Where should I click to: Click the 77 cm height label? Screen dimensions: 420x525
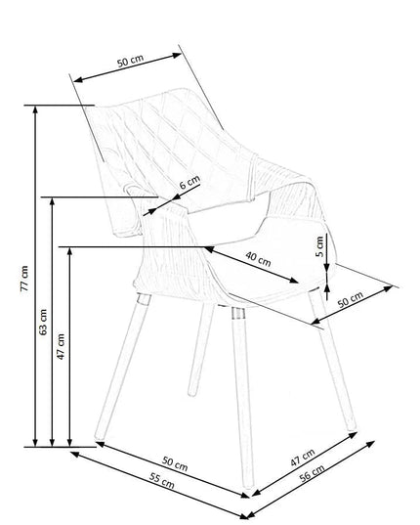[x=24, y=279]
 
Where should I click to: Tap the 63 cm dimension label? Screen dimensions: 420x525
[x=43, y=322]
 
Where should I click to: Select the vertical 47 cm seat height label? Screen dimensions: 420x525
[x=61, y=346]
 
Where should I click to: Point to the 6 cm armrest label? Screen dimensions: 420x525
[x=189, y=183]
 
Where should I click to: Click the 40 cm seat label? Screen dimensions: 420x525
[x=258, y=259]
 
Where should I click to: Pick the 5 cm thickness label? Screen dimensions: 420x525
[x=319, y=246]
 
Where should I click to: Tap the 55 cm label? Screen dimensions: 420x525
[x=162, y=480]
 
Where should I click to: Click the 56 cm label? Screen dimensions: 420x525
[x=312, y=473]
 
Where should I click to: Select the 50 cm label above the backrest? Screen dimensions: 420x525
[x=131, y=61]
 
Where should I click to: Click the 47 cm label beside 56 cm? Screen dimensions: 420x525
[x=303, y=458]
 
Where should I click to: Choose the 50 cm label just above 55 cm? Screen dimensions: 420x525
[x=175, y=463]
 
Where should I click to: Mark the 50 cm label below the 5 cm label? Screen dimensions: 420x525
[x=350, y=299]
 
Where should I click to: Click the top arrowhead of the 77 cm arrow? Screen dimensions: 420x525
[x=35, y=109]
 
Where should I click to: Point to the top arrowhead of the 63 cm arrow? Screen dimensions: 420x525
[x=52, y=201]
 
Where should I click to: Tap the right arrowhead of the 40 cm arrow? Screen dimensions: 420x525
[x=293, y=281]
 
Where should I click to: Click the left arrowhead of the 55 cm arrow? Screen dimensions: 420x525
[x=74, y=454]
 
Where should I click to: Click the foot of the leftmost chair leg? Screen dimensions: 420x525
[x=99, y=436]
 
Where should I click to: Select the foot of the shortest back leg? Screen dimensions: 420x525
[x=192, y=392]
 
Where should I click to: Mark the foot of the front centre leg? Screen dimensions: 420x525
[x=248, y=485]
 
